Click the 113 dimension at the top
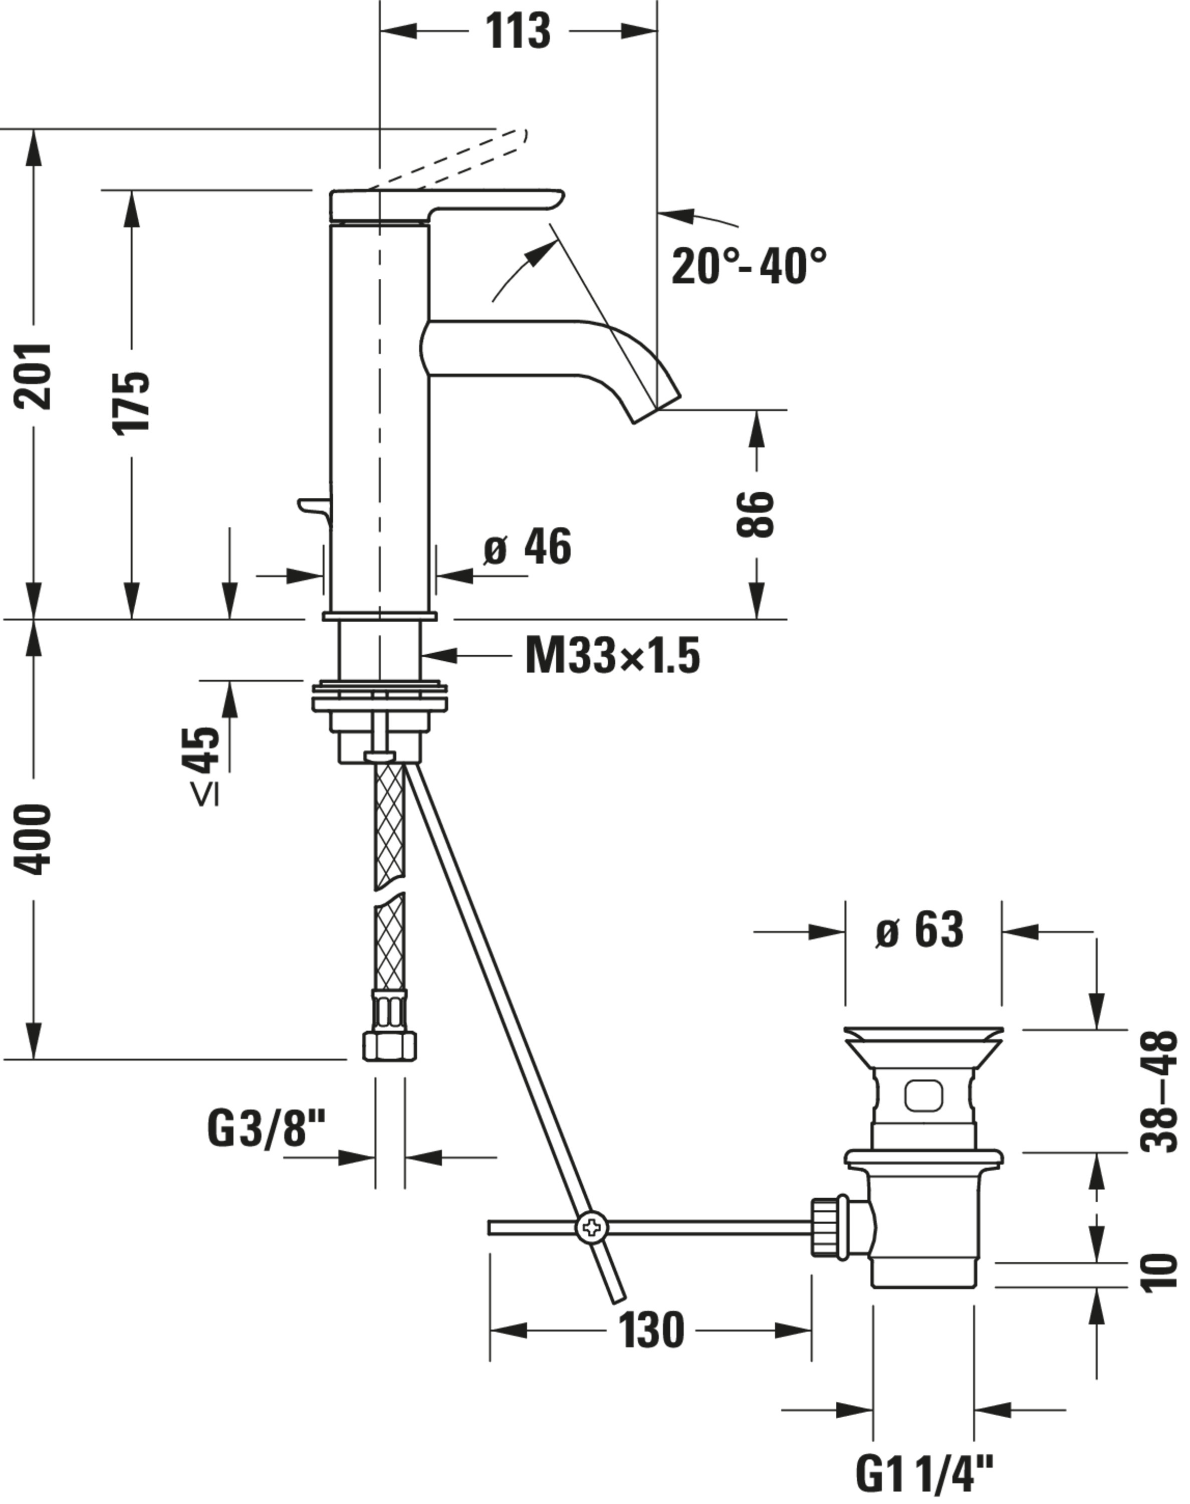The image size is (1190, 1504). tap(517, 32)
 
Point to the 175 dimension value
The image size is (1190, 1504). tap(131, 403)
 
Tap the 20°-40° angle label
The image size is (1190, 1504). tap(748, 266)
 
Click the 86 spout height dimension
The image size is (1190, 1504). tap(755, 514)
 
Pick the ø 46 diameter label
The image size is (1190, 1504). tap(528, 546)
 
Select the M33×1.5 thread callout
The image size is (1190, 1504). tap(612, 657)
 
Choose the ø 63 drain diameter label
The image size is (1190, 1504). tap(919, 929)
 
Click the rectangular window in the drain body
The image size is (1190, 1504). tap(923, 1095)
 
